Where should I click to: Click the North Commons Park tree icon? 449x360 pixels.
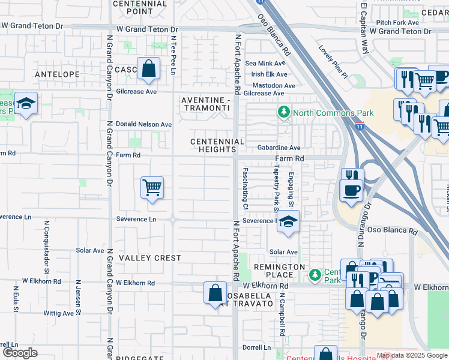click(x=283, y=112)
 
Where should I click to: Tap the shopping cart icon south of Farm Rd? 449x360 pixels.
click(x=152, y=187)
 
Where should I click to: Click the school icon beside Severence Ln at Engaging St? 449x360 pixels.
click(x=288, y=222)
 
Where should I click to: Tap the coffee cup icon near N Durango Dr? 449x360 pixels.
click(x=352, y=190)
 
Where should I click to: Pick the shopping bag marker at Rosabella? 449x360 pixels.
click(x=215, y=294)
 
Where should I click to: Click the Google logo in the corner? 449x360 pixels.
click(x=20, y=353)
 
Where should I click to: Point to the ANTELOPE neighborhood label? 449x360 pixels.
click(x=58, y=74)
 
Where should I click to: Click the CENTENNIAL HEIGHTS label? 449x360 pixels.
click(x=217, y=145)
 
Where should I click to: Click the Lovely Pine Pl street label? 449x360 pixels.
click(x=333, y=63)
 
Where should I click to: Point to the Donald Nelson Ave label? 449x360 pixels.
click(x=143, y=124)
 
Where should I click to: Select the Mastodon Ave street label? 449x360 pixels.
click(x=274, y=86)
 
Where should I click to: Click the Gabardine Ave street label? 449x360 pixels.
click(x=279, y=148)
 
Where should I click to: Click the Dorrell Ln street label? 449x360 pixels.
click(x=257, y=347)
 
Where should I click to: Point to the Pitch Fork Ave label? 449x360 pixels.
click(x=397, y=22)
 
